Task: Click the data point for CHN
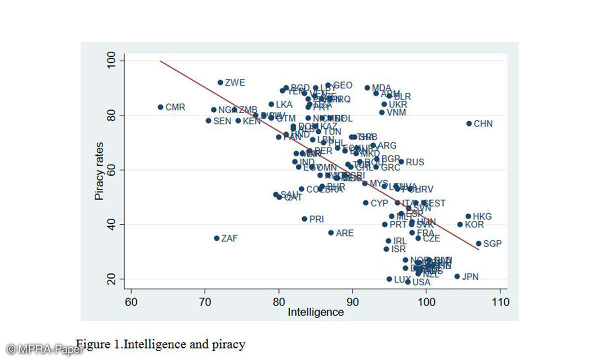click(469, 123)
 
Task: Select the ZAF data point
click(216, 238)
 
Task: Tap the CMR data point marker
click(160, 107)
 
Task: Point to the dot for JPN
click(457, 276)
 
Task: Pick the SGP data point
click(478, 243)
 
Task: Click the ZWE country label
click(235, 83)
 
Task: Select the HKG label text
click(482, 216)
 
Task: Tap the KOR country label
click(474, 224)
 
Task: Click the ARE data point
click(330, 233)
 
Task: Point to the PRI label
click(316, 219)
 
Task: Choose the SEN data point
click(208, 120)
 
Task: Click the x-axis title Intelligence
click(315, 312)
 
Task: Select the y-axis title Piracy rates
click(99, 169)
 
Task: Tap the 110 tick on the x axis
click(500, 302)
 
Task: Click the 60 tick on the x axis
click(131, 302)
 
